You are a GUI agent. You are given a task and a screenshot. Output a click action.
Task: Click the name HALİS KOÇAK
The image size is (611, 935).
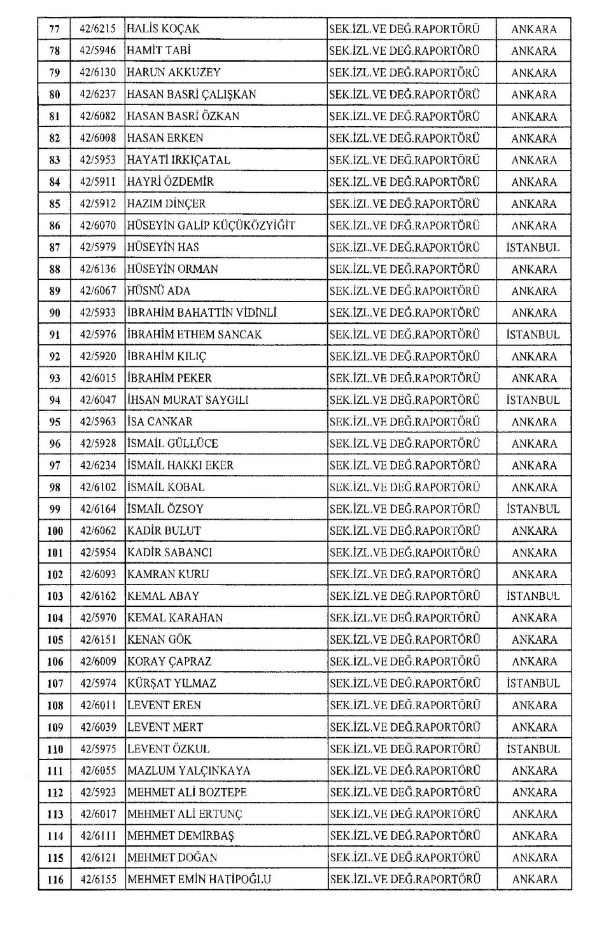pos(164,29)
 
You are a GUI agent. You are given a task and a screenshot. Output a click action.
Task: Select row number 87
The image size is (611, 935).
pos(55,247)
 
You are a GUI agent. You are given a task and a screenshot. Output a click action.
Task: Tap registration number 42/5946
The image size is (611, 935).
pos(98,50)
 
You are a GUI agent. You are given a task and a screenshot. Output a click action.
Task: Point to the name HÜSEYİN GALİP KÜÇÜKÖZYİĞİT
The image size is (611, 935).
pos(211,225)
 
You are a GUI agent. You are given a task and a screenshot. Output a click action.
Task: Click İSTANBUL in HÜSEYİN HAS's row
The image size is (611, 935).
pos(533,247)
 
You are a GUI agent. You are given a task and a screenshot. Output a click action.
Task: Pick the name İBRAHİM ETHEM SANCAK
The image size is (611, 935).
pos(195,335)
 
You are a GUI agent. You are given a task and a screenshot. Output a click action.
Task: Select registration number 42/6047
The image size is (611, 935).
pos(98,400)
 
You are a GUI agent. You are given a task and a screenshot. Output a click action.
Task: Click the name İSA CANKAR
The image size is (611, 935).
pos(160,422)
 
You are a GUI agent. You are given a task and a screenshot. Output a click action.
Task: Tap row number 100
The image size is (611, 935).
pos(55,530)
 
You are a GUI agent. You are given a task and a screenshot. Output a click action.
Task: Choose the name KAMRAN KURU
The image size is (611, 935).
pos(169,574)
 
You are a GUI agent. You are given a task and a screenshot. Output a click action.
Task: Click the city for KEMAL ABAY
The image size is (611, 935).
pos(533,596)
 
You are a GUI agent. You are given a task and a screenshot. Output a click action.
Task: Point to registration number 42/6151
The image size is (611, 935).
pos(98,639)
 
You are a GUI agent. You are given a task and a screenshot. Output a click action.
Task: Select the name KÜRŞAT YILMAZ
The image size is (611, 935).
pos(172,683)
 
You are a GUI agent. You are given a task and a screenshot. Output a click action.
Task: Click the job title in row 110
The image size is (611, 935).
pos(405,749)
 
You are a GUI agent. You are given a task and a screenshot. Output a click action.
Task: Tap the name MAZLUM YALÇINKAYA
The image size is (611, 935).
pos(189,770)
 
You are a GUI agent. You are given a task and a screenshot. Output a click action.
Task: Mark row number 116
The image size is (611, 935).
pos(55,880)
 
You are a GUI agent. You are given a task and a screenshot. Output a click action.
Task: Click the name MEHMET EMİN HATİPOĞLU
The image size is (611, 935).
pos(199,880)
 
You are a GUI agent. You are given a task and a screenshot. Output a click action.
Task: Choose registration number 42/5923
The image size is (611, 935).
pos(98,793)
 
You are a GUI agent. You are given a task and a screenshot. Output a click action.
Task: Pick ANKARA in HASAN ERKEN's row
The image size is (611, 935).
pos(533,138)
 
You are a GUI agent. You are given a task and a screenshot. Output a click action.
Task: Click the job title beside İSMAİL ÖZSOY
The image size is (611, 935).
pos(405,509)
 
